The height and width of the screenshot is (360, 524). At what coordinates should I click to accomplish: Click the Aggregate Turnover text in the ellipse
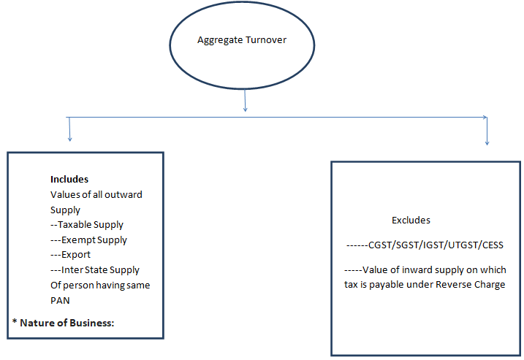[x=242, y=40]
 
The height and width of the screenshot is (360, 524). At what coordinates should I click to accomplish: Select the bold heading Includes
[x=69, y=179]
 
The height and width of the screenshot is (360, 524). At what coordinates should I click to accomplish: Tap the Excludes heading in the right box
[x=411, y=220]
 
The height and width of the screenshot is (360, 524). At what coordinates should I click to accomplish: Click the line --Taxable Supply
[x=87, y=225]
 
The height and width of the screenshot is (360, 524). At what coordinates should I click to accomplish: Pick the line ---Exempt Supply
[x=88, y=240]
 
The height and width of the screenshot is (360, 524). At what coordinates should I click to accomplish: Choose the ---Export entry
[x=70, y=255]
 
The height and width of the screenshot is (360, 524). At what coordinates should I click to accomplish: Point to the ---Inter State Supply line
[x=95, y=270]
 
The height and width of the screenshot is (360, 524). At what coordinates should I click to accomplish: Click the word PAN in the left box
[x=60, y=300]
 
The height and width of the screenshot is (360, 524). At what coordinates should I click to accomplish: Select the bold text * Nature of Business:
[x=64, y=322]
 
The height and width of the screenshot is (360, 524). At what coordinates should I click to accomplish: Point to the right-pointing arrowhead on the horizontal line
[x=485, y=117]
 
